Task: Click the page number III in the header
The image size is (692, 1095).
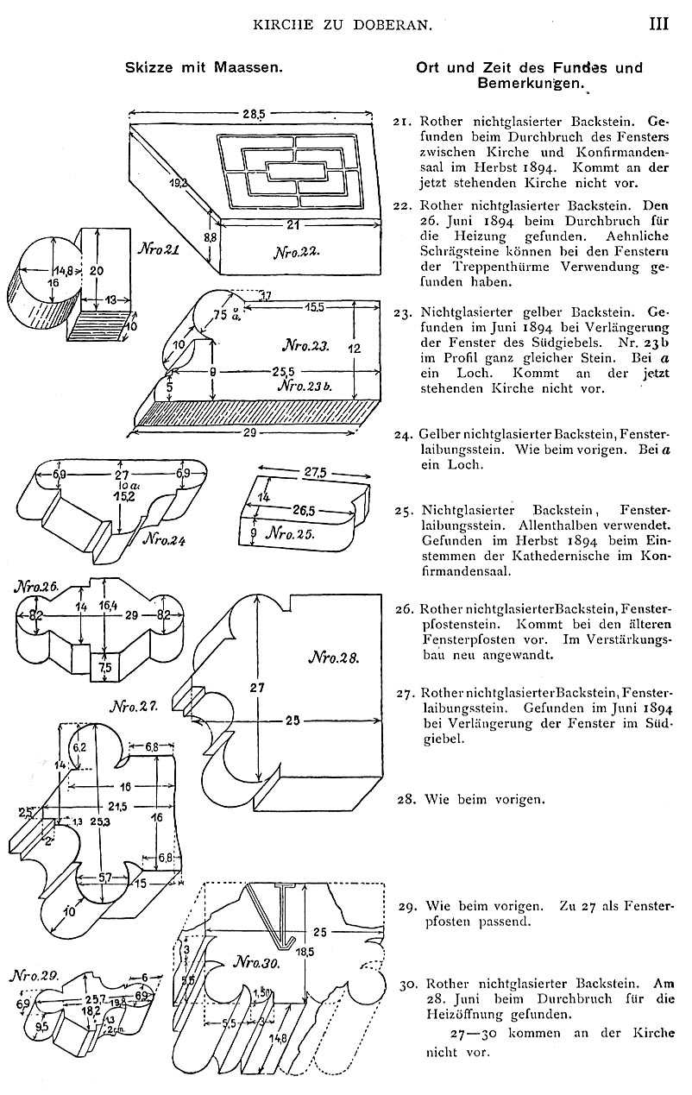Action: pyautogui.click(x=658, y=23)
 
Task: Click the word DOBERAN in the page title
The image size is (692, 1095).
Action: pyautogui.click(x=399, y=24)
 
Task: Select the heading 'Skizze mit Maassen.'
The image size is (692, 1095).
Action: pyautogui.click(x=204, y=67)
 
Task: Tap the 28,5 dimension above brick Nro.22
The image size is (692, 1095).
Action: pyautogui.click(x=255, y=114)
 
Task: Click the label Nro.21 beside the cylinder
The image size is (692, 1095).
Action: pyautogui.click(x=159, y=249)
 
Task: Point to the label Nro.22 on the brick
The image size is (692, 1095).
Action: pyautogui.click(x=296, y=252)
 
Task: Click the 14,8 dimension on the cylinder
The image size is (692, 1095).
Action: pyautogui.click(x=62, y=270)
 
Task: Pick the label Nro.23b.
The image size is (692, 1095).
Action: pyautogui.click(x=305, y=387)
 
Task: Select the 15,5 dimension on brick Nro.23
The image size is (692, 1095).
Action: pyautogui.click(x=315, y=307)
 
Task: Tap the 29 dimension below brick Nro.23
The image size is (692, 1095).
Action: pyautogui.click(x=249, y=433)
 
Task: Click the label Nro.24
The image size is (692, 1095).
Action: pyautogui.click(x=164, y=539)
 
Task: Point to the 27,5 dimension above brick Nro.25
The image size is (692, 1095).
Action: pyautogui.click(x=315, y=473)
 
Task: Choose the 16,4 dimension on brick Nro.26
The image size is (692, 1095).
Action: pyautogui.click(x=108, y=606)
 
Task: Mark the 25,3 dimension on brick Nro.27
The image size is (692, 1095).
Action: pyautogui.click(x=100, y=822)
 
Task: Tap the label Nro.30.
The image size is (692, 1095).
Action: pyautogui.click(x=256, y=964)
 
